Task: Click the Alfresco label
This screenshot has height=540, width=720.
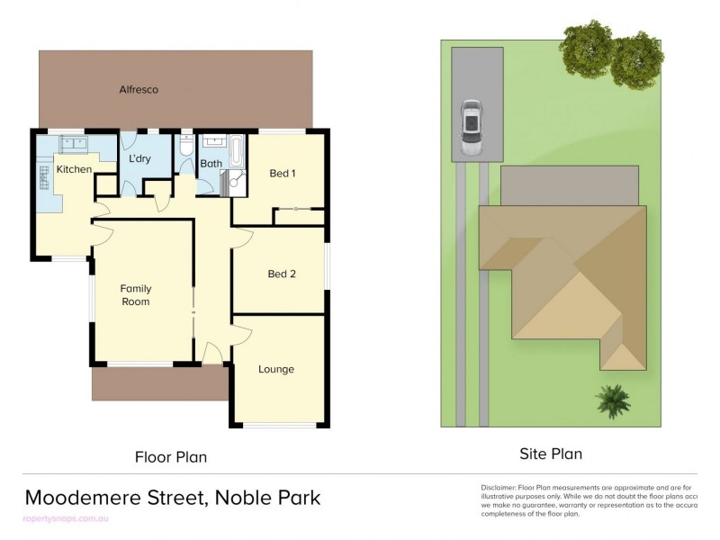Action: pyautogui.click(x=139, y=89)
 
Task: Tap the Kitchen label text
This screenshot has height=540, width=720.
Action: pyautogui.click(x=74, y=169)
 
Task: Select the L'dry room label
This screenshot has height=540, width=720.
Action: pyautogui.click(x=139, y=159)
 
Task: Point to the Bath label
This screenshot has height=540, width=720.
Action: pyautogui.click(x=211, y=164)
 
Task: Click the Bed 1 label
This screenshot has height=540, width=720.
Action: pyautogui.click(x=283, y=173)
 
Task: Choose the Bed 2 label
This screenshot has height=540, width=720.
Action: pyautogui.click(x=282, y=274)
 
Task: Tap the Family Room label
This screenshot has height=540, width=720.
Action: pyautogui.click(x=136, y=295)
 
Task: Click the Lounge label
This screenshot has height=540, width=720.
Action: pyautogui.click(x=276, y=369)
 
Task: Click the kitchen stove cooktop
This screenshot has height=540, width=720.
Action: pyautogui.click(x=43, y=177)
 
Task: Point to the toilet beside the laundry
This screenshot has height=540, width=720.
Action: pyautogui.click(x=185, y=146)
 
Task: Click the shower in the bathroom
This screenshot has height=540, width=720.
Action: pyautogui.click(x=234, y=183)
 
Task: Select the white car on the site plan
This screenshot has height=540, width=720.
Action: pyautogui.click(x=472, y=127)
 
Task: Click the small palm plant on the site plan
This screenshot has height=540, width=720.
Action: pyautogui.click(x=612, y=400)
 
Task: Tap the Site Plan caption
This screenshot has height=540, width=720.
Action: pyautogui.click(x=550, y=454)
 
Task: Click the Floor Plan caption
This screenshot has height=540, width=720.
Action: pyautogui.click(x=171, y=457)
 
